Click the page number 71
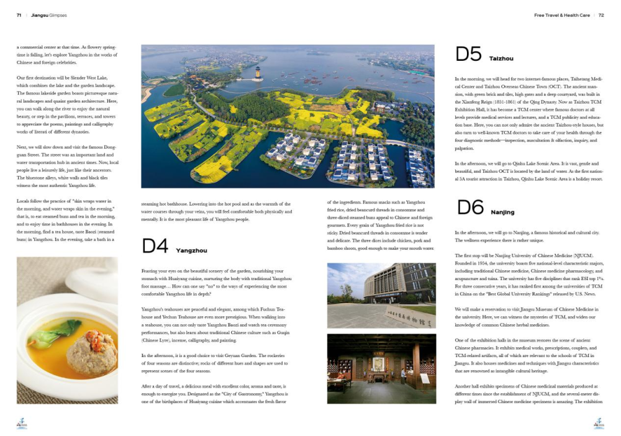click(x=19, y=16)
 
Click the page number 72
click(x=601, y=16)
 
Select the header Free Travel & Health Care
click(x=561, y=16)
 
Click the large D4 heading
click(x=155, y=246)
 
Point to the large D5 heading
click(x=468, y=55)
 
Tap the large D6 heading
click(x=470, y=207)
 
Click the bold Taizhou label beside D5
click(x=501, y=58)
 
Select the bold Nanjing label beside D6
click(x=502, y=212)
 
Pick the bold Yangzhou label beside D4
click(x=191, y=250)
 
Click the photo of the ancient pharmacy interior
click(x=381, y=368)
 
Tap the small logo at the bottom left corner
click(x=22, y=423)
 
